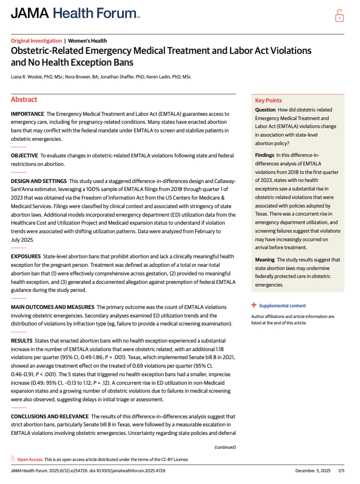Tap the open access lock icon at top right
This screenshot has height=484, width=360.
pos(339,15)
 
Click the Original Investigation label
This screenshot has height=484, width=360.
pos(36,41)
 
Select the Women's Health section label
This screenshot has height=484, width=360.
pos(87,41)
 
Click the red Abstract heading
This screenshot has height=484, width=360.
pos(24,100)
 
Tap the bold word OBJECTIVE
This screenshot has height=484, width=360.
pos(25,155)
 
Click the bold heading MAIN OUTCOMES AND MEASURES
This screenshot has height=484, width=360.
pos(52,307)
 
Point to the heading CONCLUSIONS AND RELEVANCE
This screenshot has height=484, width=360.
pos(50,416)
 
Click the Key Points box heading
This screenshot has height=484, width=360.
pos(268,100)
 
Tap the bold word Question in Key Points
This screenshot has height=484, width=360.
pos(266,110)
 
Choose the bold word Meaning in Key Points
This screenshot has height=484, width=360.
pos(265,260)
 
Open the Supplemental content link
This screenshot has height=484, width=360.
pos(282,306)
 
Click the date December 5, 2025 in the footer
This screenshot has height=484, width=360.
pos(313,470)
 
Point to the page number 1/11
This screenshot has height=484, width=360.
pos(341,470)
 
